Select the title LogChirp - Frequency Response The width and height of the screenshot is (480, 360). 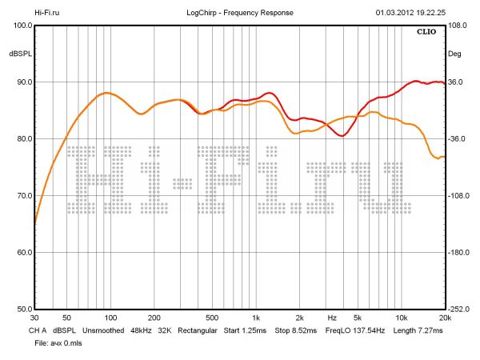point(240,14)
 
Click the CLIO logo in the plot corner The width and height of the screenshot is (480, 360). point(429,34)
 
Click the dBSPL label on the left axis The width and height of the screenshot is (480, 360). point(19,54)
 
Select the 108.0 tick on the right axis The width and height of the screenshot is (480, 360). point(457,26)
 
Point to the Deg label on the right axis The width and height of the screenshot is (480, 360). point(454,54)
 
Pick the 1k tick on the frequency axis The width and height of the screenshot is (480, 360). point(255,318)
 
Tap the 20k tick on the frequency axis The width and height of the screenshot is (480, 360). point(445,318)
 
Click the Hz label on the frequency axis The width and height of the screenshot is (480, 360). point(332,318)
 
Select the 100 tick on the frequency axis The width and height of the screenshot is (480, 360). point(108,318)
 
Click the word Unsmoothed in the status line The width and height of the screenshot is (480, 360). point(108,330)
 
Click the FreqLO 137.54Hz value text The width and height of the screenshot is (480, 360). point(354,330)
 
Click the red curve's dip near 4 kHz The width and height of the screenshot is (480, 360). point(342,136)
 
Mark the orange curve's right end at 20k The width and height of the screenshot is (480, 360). point(443,157)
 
